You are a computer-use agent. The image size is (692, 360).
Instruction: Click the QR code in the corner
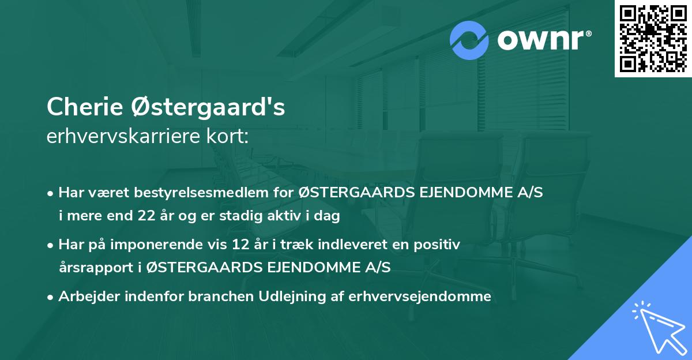pos(653,39)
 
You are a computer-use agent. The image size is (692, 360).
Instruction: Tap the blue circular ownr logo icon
pos(470,40)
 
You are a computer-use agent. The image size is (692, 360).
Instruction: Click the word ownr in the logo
pos(542,40)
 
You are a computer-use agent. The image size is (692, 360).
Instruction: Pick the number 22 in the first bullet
pos(145,216)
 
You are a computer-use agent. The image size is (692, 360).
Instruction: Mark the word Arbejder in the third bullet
pos(86,297)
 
